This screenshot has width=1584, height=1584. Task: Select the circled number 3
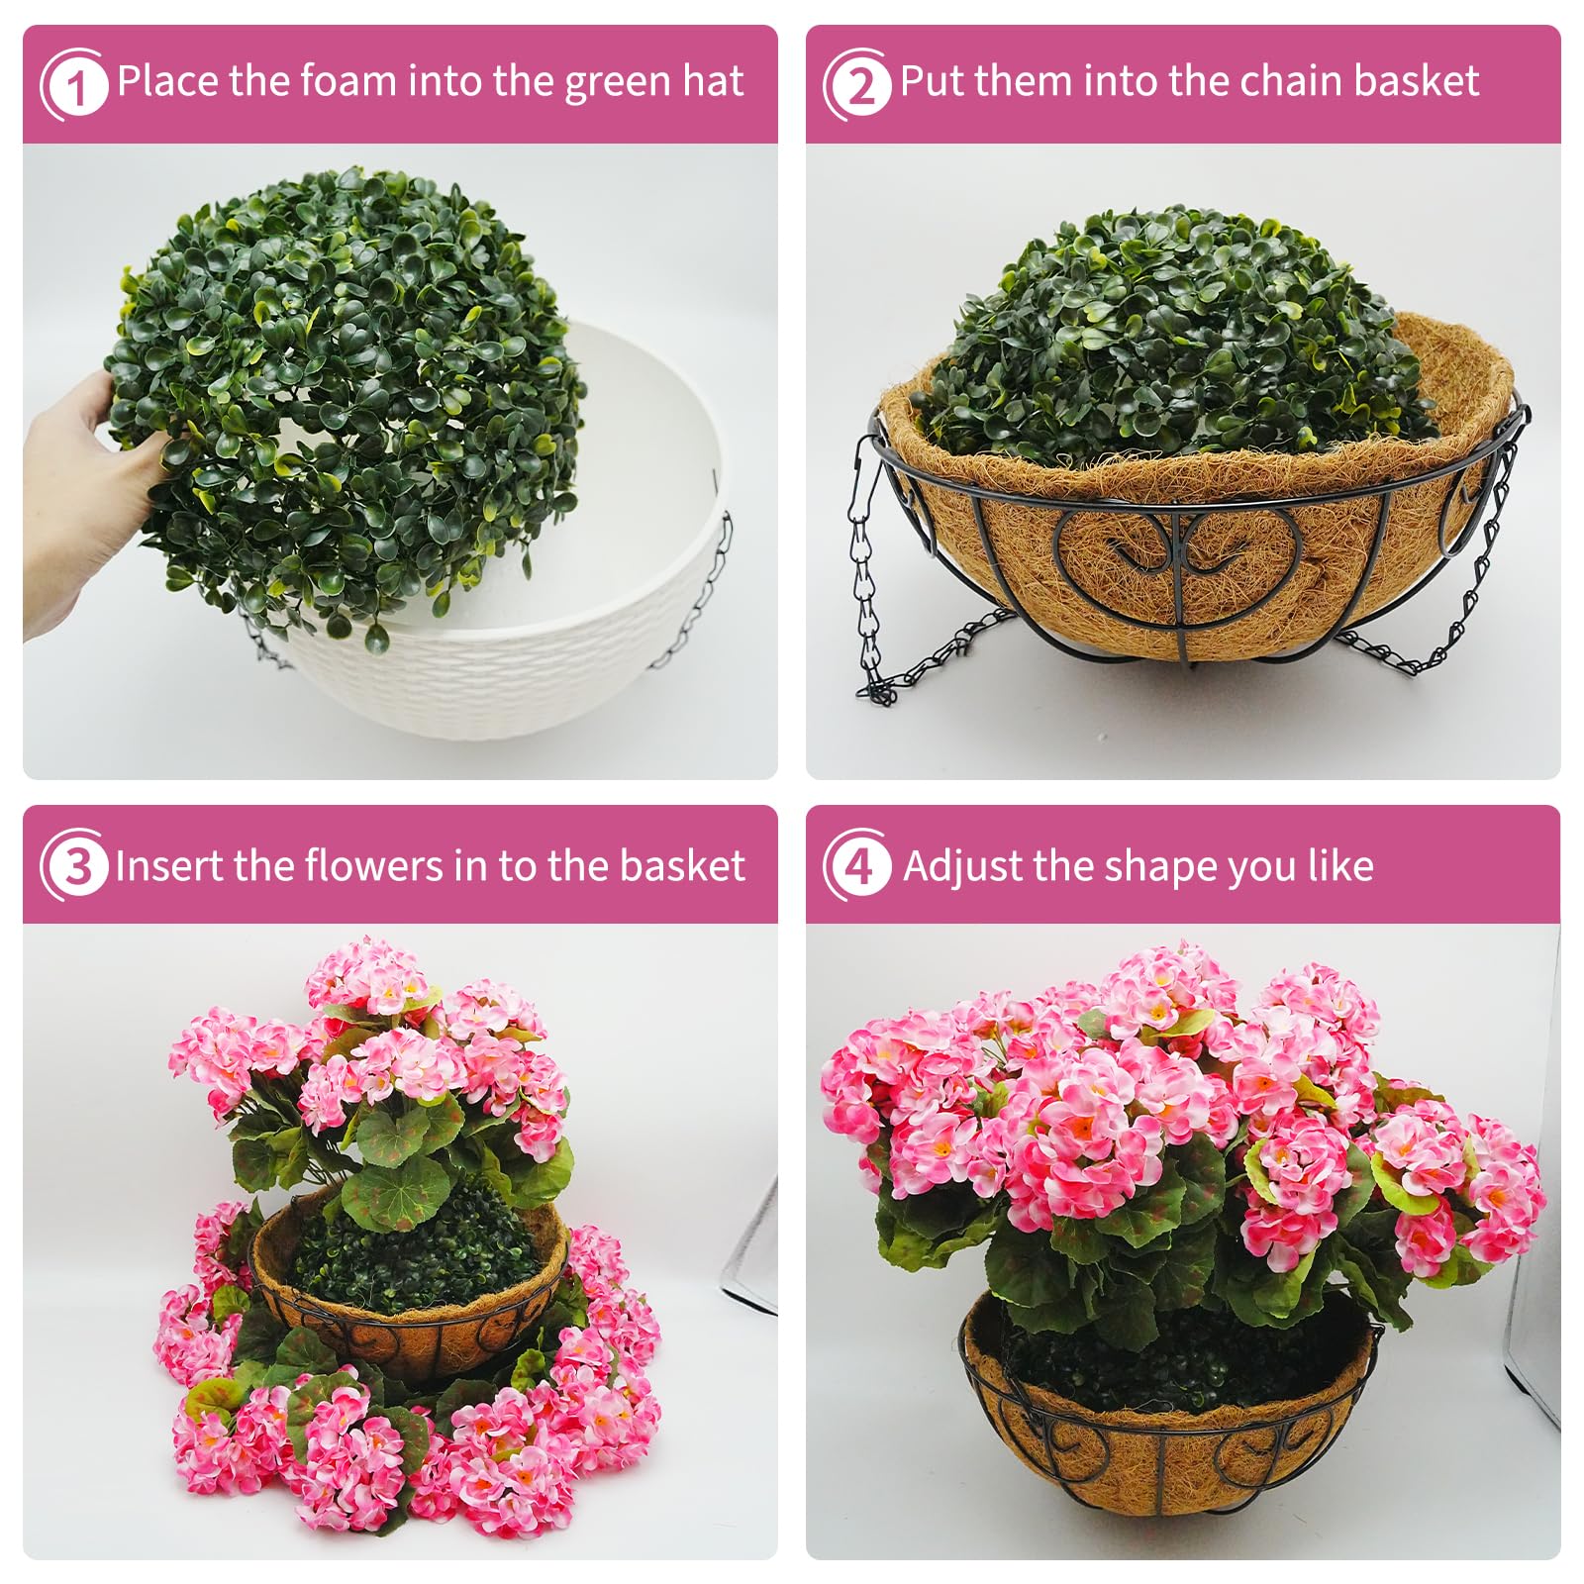coord(75,866)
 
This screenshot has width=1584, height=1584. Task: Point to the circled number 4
coord(858,866)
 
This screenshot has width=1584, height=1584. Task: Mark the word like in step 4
coord(1340,866)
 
